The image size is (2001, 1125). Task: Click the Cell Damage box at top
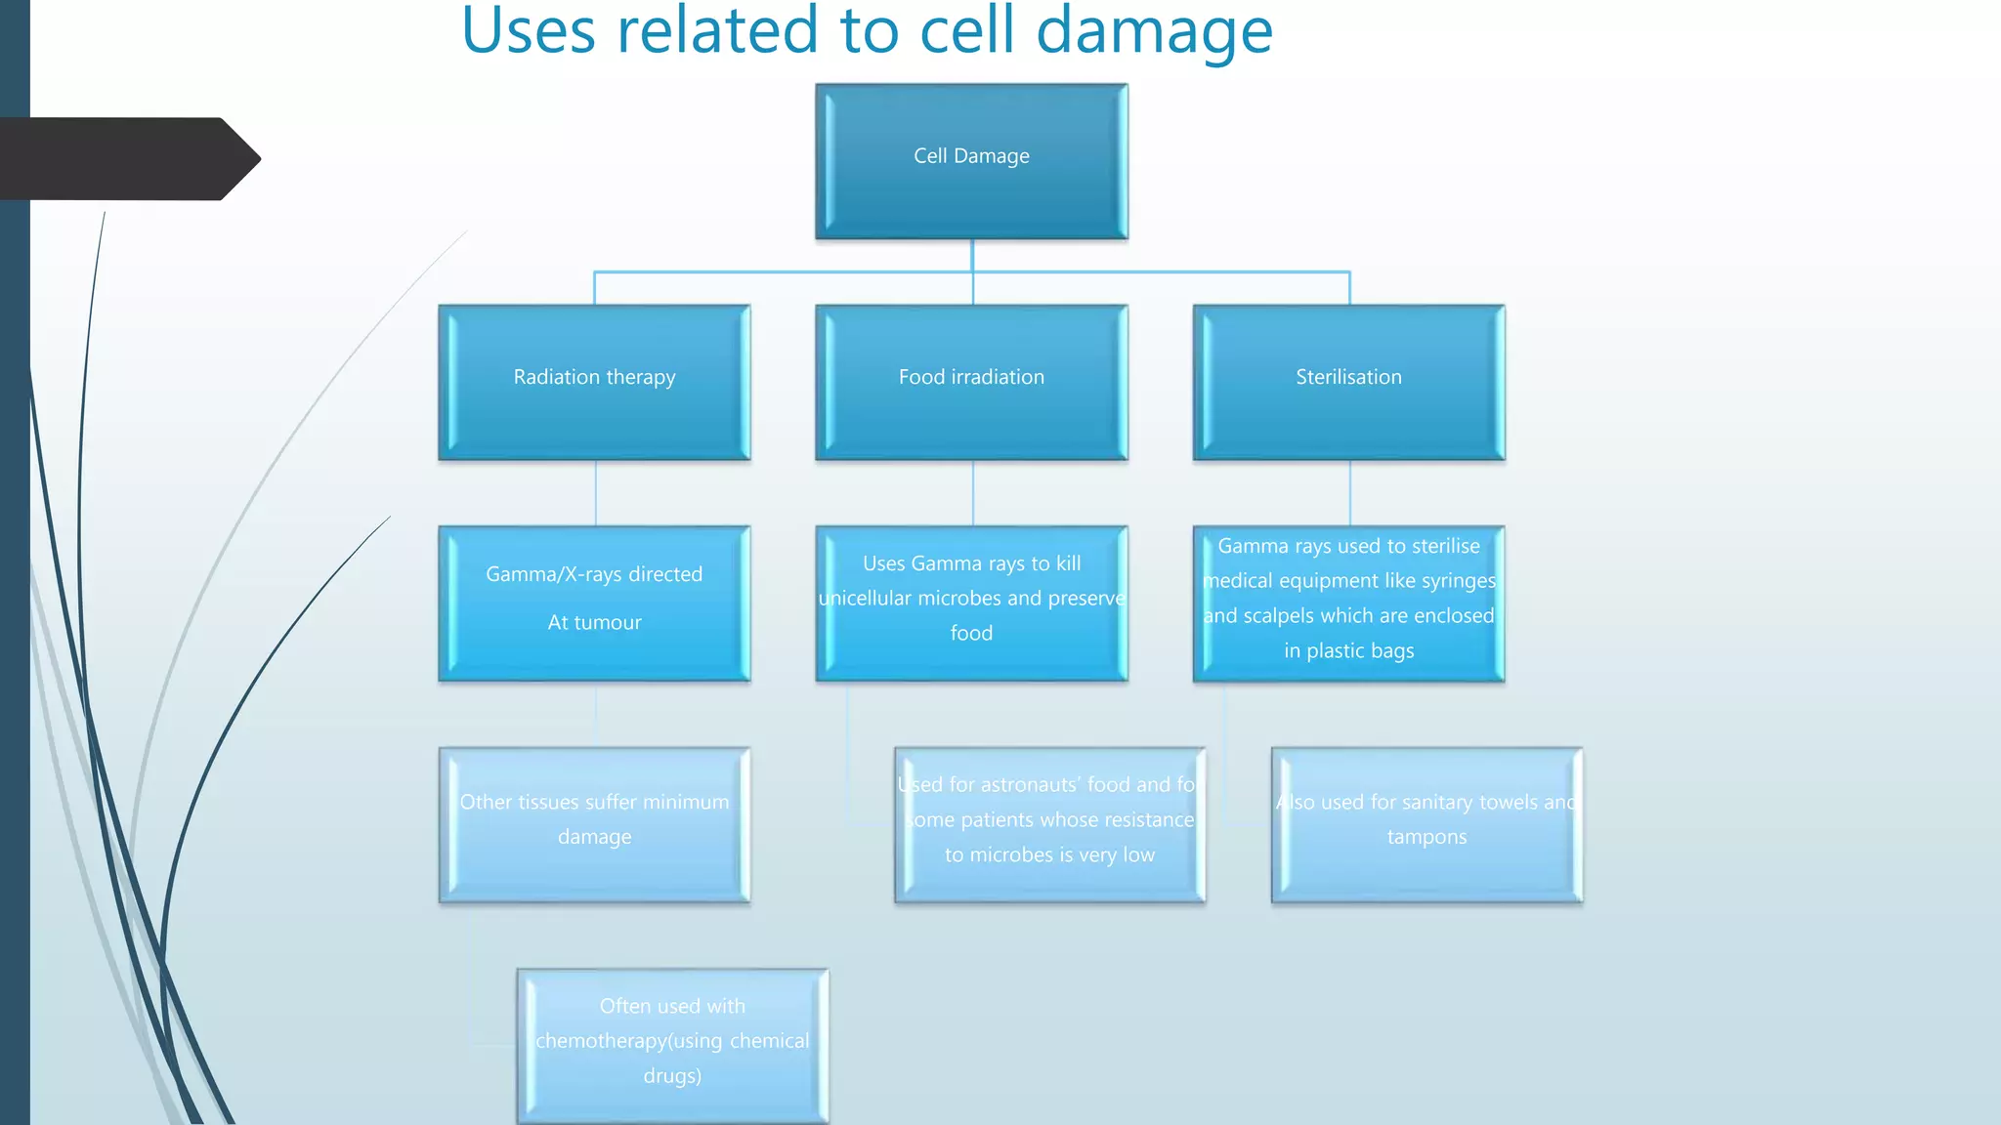[971, 161]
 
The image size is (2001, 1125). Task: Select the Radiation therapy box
[594, 382]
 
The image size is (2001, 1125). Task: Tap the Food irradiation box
[971, 382]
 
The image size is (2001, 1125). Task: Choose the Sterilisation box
[1348, 382]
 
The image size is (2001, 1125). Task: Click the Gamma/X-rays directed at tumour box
[594, 603]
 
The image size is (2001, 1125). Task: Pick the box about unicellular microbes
[971, 603]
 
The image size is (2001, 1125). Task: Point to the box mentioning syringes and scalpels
[1348, 603]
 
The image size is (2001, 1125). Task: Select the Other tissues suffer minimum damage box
[594, 824]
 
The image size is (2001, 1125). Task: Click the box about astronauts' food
[1049, 824]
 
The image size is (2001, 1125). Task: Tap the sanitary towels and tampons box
[1426, 824]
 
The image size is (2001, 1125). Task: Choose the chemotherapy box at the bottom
[672, 1045]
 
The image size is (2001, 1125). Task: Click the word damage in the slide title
[1154, 31]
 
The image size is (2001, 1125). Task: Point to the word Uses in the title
[529, 31]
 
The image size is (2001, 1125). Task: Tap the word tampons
[1426, 837]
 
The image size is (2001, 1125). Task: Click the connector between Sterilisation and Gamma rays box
[1349, 493]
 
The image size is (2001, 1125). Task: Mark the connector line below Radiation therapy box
[595, 493]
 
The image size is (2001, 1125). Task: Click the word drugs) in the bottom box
[672, 1076]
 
